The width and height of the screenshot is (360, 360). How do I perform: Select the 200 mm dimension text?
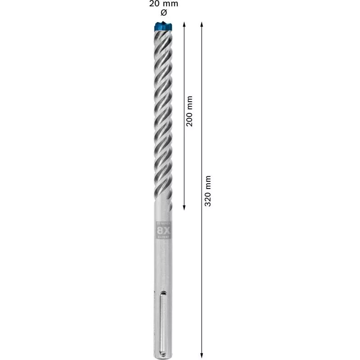point(190,111)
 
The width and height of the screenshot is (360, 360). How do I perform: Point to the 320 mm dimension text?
point(208,191)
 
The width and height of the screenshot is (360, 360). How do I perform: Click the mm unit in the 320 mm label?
point(208,182)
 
